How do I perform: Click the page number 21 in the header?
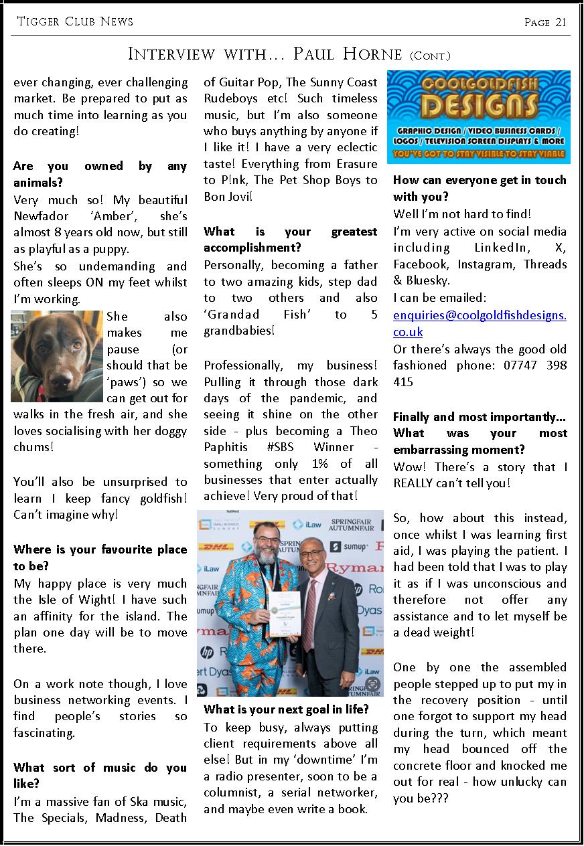coord(561,22)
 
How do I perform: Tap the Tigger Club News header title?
coord(75,21)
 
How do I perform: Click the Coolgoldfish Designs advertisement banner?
coord(479,117)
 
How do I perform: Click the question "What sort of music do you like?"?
coord(100,775)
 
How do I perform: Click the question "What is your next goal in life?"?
coord(286,709)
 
